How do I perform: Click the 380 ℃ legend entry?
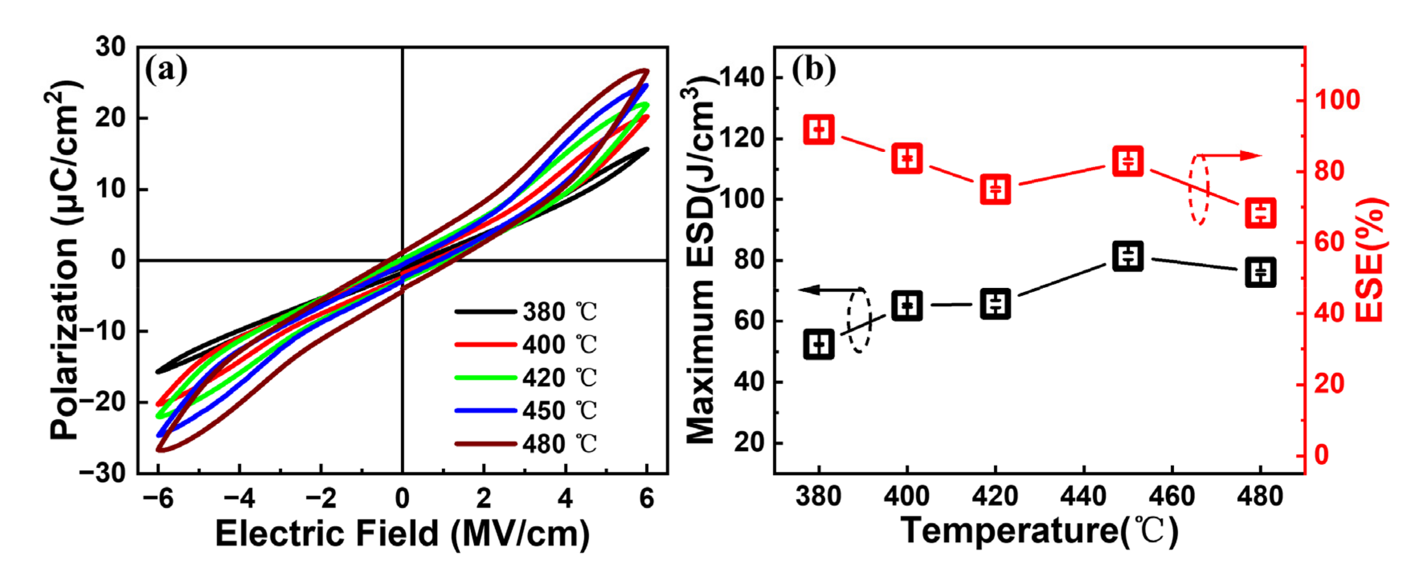click(526, 312)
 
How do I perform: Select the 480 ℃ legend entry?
click(526, 444)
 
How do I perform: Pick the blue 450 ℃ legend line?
click(486, 411)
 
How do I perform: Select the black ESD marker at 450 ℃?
click(1128, 256)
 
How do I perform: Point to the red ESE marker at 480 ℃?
click(1261, 213)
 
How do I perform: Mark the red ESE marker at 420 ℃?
click(996, 189)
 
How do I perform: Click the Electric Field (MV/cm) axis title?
click(402, 534)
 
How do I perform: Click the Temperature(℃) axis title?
click(1039, 530)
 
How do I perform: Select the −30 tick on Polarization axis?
click(102, 473)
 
